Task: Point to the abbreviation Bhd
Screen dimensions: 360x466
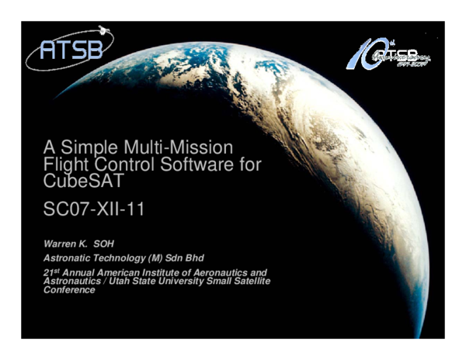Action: tap(214, 257)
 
